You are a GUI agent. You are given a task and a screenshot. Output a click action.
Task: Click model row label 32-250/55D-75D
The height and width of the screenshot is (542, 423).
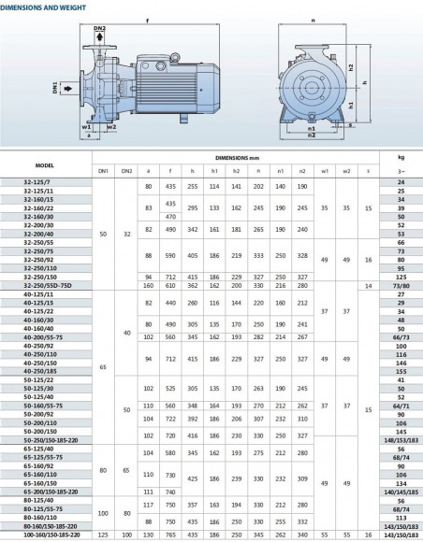(44, 284)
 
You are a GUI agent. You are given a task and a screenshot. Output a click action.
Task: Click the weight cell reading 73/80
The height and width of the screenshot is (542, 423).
(401, 284)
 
